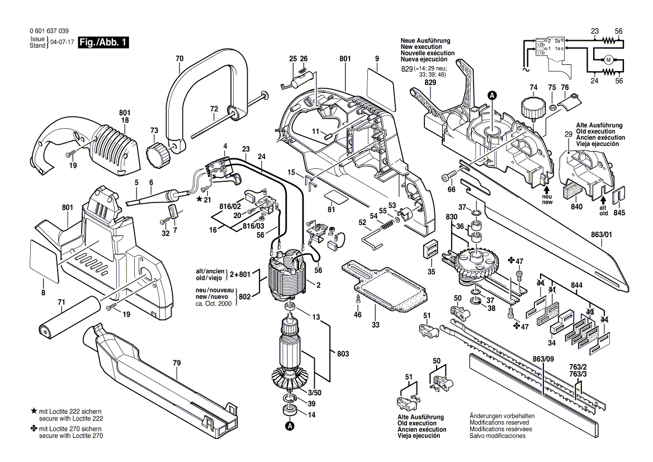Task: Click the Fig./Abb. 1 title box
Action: (x=103, y=43)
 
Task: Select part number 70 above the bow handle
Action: (x=179, y=59)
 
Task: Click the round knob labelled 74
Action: (x=531, y=108)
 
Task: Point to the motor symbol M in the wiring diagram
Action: (x=608, y=60)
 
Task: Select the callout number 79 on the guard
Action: (x=177, y=363)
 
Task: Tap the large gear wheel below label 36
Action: (x=476, y=266)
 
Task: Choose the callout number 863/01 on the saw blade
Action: (x=602, y=235)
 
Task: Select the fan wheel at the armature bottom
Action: (x=291, y=380)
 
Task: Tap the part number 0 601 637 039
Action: (x=49, y=31)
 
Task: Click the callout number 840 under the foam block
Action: (x=576, y=207)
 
